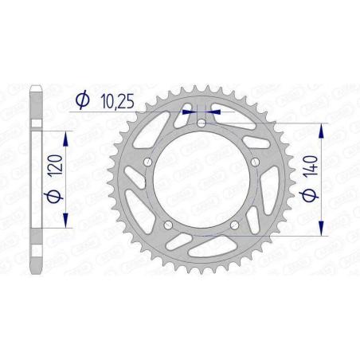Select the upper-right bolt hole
point(254,162)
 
